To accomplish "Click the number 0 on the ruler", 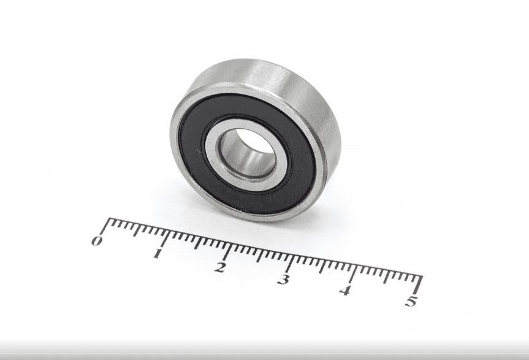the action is click(x=97, y=241).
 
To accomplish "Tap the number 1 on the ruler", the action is click(x=157, y=253).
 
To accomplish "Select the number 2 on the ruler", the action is click(x=220, y=267).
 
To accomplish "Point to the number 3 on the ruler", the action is click(x=283, y=279).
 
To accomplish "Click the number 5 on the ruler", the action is click(x=411, y=301).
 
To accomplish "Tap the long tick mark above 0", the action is click(x=105, y=227).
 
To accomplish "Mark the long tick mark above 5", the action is click(x=419, y=285).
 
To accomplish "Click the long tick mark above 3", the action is click(x=290, y=264).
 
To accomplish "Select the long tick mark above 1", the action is click(x=165, y=239).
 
